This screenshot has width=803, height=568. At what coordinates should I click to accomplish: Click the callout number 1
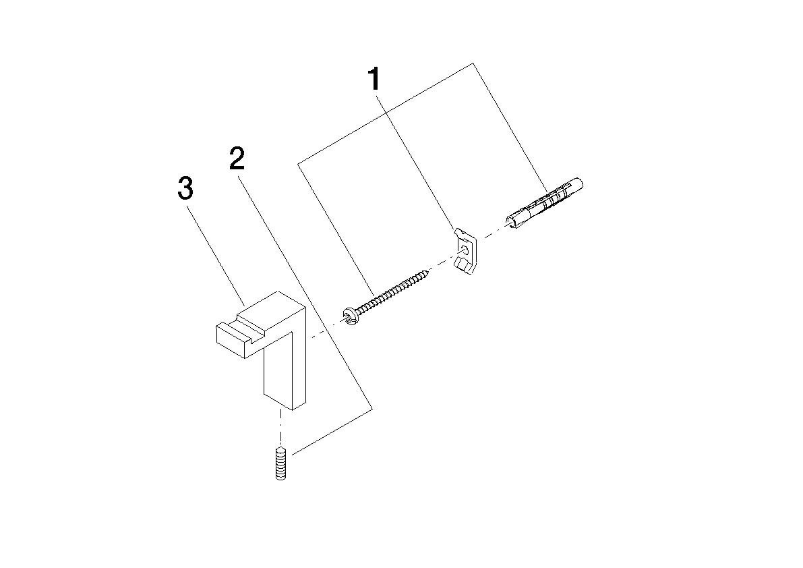(375, 80)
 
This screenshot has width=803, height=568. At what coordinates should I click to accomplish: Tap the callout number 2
(237, 159)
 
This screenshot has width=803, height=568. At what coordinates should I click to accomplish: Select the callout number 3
(185, 188)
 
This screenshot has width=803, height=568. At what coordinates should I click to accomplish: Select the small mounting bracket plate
(465, 251)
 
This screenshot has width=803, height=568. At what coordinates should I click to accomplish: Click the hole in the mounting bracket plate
(464, 251)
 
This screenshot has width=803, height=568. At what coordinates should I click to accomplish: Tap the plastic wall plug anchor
(544, 202)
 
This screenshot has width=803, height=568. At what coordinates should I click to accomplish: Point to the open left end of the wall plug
(510, 221)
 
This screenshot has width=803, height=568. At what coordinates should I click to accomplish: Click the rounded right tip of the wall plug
(579, 183)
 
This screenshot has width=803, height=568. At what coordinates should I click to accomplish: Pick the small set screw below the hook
(280, 463)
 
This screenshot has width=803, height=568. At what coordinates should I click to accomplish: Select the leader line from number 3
(216, 255)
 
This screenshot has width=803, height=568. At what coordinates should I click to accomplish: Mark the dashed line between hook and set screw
(280, 428)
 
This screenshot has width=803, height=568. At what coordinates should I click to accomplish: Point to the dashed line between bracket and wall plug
(491, 233)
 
